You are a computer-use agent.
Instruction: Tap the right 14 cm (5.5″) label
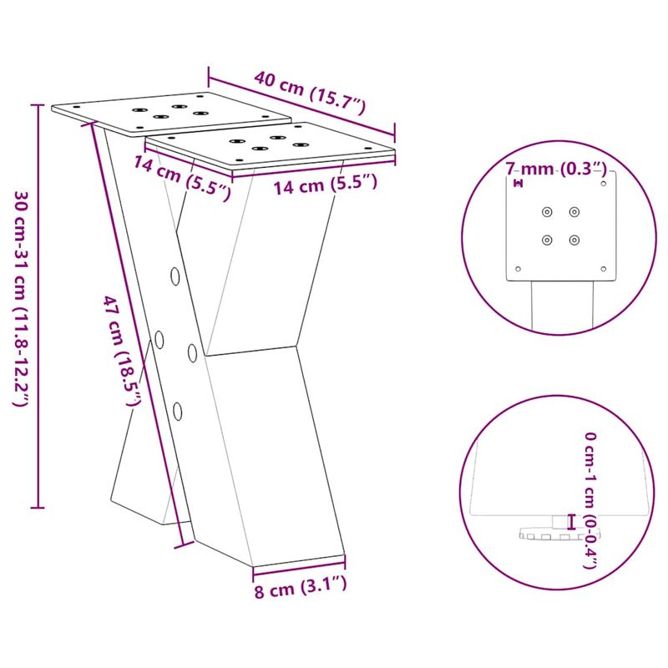click(326, 185)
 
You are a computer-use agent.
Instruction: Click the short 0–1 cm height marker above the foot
click(571, 521)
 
